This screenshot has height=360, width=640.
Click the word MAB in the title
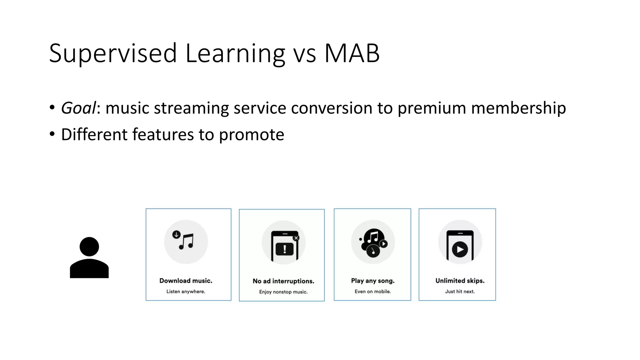[x=352, y=53]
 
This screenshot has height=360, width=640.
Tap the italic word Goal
[x=78, y=108]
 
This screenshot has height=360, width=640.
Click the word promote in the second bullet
[x=251, y=135]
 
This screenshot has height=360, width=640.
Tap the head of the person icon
[x=89, y=247]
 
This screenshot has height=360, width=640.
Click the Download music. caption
[x=186, y=281]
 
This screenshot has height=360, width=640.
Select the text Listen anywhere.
[x=186, y=292]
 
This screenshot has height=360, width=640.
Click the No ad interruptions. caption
[x=283, y=281]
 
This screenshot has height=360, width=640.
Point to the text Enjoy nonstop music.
[x=283, y=292]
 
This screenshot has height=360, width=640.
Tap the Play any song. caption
[x=372, y=281]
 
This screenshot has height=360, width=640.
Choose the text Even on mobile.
[x=372, y=292]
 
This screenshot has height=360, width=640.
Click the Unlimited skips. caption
[x=460, y=281]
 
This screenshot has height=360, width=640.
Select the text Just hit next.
[x=460, y=292]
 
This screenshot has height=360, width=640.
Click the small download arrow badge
[x=176, y=234]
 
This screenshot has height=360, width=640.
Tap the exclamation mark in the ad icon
[x=284, y=249]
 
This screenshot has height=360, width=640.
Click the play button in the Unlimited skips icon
[x=460, y=249]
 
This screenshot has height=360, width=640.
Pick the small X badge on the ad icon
[x=296, y=238]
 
